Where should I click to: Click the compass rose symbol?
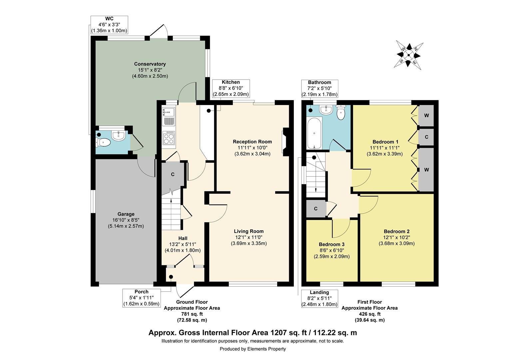click(x=408, y=55)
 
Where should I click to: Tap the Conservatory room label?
click(x=150, y=64)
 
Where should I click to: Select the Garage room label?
click(x=126, y=214)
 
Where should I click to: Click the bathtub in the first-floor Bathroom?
click(x=314, y=133)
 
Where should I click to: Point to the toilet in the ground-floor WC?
click(x=103, y=143)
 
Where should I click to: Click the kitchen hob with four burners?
click(x=169, y=138)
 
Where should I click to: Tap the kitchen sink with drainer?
click(x=168, y=117)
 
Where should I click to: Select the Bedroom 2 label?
click(x=396, y=231)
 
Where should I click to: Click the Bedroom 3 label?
click(x=331, y=244)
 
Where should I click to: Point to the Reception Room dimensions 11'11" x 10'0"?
click(x=252, y=148)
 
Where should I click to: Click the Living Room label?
click(x=249, y=231)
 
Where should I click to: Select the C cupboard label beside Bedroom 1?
click(x=426, y=137)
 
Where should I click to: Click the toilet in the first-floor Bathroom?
click(x=341, y=112)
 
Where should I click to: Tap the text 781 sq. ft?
click(x=192, y=314)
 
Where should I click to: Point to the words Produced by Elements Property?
click(x=253, y=349)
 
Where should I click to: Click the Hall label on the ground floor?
click(x=183, y=238)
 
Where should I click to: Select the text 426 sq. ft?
click(x=369, y=314)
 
